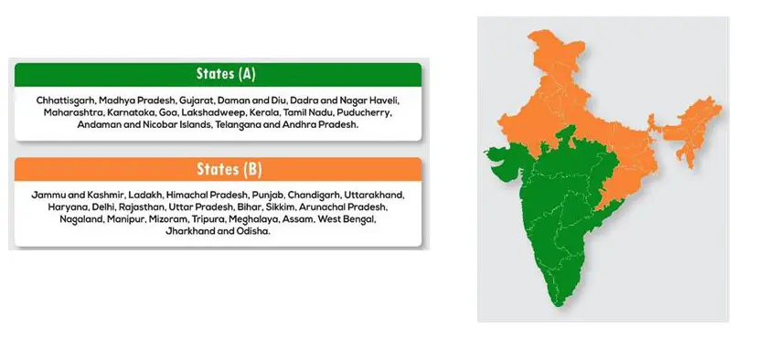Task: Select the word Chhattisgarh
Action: pos(63,99)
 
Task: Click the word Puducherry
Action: pos(368,111)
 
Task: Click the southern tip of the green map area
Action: pos(562,304)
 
